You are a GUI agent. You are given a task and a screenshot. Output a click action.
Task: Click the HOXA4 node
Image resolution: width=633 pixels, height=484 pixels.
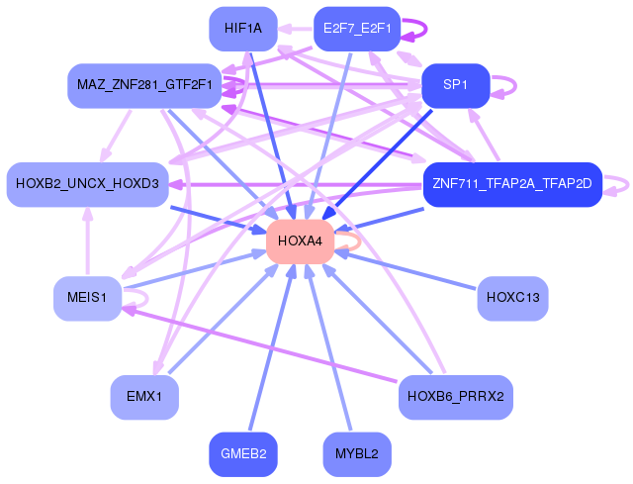[x=299, y=241]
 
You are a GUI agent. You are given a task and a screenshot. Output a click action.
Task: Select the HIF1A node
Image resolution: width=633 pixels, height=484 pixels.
[x=243, y=29]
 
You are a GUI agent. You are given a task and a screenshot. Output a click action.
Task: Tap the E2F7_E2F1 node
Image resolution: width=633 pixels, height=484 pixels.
[x=356, y=29]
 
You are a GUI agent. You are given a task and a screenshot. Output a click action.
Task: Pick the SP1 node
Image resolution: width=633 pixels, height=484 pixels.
[x=456, y=85]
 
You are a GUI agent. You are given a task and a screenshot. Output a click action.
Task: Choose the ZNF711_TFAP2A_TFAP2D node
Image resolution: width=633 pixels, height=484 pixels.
[x=512, y=184]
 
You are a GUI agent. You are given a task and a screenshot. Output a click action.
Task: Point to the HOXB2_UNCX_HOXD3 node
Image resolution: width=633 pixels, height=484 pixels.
[x=87, y=184]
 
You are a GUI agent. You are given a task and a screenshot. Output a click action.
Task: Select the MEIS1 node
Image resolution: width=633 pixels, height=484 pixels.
[x=87, y=297]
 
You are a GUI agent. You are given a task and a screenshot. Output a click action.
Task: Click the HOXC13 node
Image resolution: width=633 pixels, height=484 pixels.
[x=512, y=297]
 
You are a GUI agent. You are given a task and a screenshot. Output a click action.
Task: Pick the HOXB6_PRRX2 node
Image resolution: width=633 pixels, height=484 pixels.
[x=456, y=397]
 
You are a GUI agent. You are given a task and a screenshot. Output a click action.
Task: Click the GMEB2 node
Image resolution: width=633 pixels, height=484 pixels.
[x=243, y=454]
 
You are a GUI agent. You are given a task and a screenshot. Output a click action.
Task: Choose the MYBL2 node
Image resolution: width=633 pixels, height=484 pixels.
[x=356, y=454]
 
